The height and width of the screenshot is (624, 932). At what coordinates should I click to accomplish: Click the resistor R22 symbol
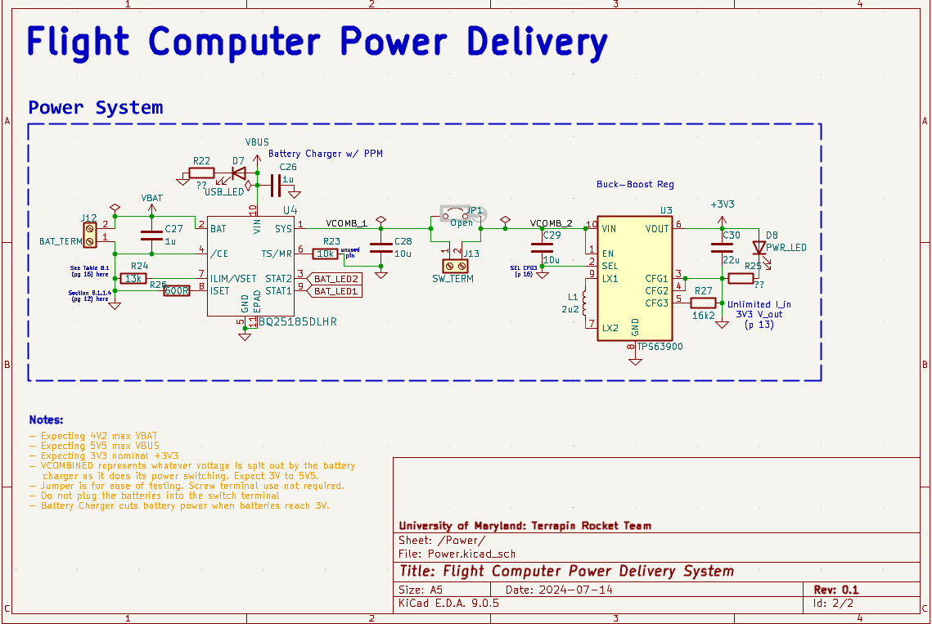click(x=201, y=173)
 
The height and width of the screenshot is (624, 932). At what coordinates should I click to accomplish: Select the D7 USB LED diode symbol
click(x=239, y=173)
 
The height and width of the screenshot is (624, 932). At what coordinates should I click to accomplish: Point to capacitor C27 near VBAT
click(x=151, y=236)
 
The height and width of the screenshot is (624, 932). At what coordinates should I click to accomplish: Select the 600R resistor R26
click(x=177, y=290)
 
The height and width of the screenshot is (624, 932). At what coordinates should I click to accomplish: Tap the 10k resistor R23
click(x=326, y=254)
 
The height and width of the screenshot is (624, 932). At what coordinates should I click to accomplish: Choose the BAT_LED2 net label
click(x=335, y=279)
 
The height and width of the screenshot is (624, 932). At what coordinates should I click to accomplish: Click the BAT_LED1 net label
click(x=335, y=291)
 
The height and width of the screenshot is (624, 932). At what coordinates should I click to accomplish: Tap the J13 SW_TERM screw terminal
click(x=451, y=266)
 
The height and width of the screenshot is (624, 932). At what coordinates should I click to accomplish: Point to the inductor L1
click(x=584, y=303)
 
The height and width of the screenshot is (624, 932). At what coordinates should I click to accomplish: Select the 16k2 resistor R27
click(x=703, y=303)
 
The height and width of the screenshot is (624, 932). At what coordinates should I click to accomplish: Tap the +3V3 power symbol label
click(x=722, y=204)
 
